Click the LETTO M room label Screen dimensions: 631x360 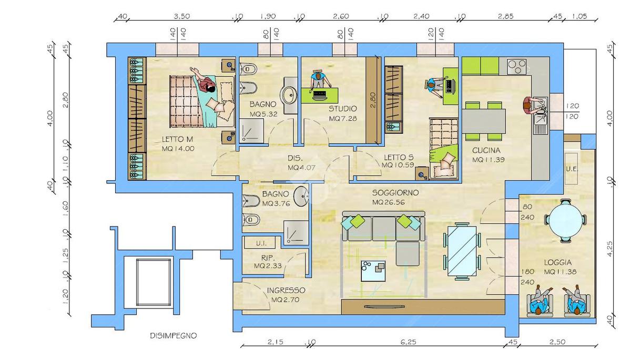(x=177, y=139)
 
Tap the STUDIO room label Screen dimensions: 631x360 (x=342, y=108)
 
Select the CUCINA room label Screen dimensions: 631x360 (x=486, y=150)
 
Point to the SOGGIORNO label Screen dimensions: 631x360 (x=395, y=193)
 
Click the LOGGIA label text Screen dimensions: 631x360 (x=558, y=262)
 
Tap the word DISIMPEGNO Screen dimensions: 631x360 (x=173, y=335)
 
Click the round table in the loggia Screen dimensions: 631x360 (x=566, y=220)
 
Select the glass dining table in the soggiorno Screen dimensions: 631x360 (x=462, y=251)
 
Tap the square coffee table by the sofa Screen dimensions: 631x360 (x=373, y=271)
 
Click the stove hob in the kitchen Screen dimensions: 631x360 (x=516, y=66)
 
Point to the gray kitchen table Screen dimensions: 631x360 (x=484, y=121)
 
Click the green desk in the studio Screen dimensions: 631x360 (x=320, y=96)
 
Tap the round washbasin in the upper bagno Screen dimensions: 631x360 (x=289, y=95)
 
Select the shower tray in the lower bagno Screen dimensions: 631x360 (x=296, y=233)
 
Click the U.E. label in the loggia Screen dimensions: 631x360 (x=572, y=169)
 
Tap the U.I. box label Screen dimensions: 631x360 (x=261, y=243)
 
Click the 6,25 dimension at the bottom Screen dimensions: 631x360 (x=408, y=342)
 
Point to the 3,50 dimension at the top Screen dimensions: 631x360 (x=182, y=16)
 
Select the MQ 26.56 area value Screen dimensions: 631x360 (x=389, y=202)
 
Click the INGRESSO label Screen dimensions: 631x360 (x=286, y=290)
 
